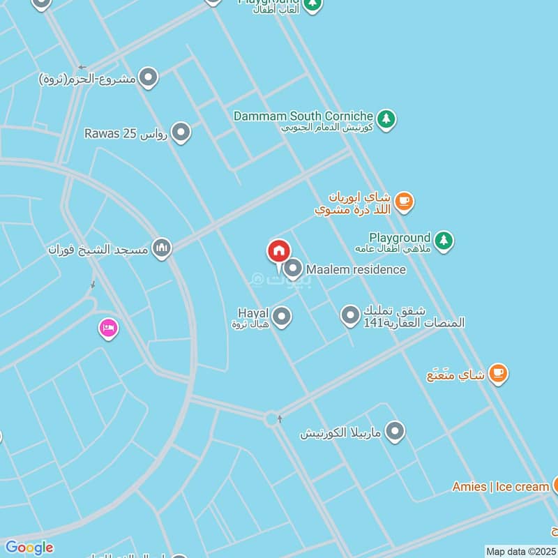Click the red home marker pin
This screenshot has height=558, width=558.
click(279, 251)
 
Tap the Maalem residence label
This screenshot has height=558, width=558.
click(356, 269)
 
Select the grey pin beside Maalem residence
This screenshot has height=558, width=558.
click(294, 269)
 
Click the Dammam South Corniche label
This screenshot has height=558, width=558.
click(303, 116)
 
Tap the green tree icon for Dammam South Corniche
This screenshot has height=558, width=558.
click(387, 119)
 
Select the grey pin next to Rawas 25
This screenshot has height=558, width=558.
click(181, 132)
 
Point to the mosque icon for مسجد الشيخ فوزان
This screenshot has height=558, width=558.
click(162, 248)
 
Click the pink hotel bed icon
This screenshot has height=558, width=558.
click(108, 328)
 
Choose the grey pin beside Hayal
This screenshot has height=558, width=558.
click(282, 317)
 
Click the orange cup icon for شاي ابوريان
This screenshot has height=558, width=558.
click(404, 202)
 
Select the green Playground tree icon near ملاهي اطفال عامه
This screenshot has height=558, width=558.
click(444, 241)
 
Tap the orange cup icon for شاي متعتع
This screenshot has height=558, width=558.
click(497, 373)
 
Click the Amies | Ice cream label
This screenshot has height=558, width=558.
click(500, 486)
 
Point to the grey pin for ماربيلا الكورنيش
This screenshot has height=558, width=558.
click(395, 432)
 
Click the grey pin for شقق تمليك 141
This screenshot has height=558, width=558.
click(350, 316)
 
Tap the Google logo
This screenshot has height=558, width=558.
click(29, 548)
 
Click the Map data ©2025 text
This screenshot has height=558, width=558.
click(520, 551)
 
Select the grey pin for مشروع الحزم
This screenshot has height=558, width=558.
click(148, 77)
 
